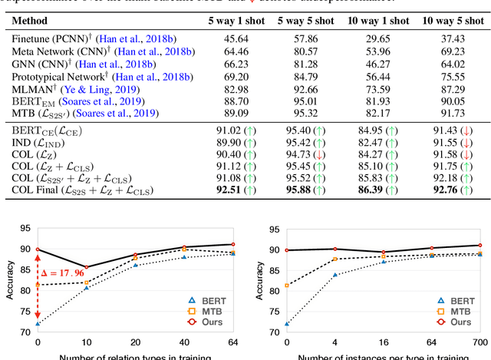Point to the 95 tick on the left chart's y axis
pos(25,228)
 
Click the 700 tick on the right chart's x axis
pos(480,340)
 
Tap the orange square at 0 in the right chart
pos(287,286)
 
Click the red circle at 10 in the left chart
pos(86,267)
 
